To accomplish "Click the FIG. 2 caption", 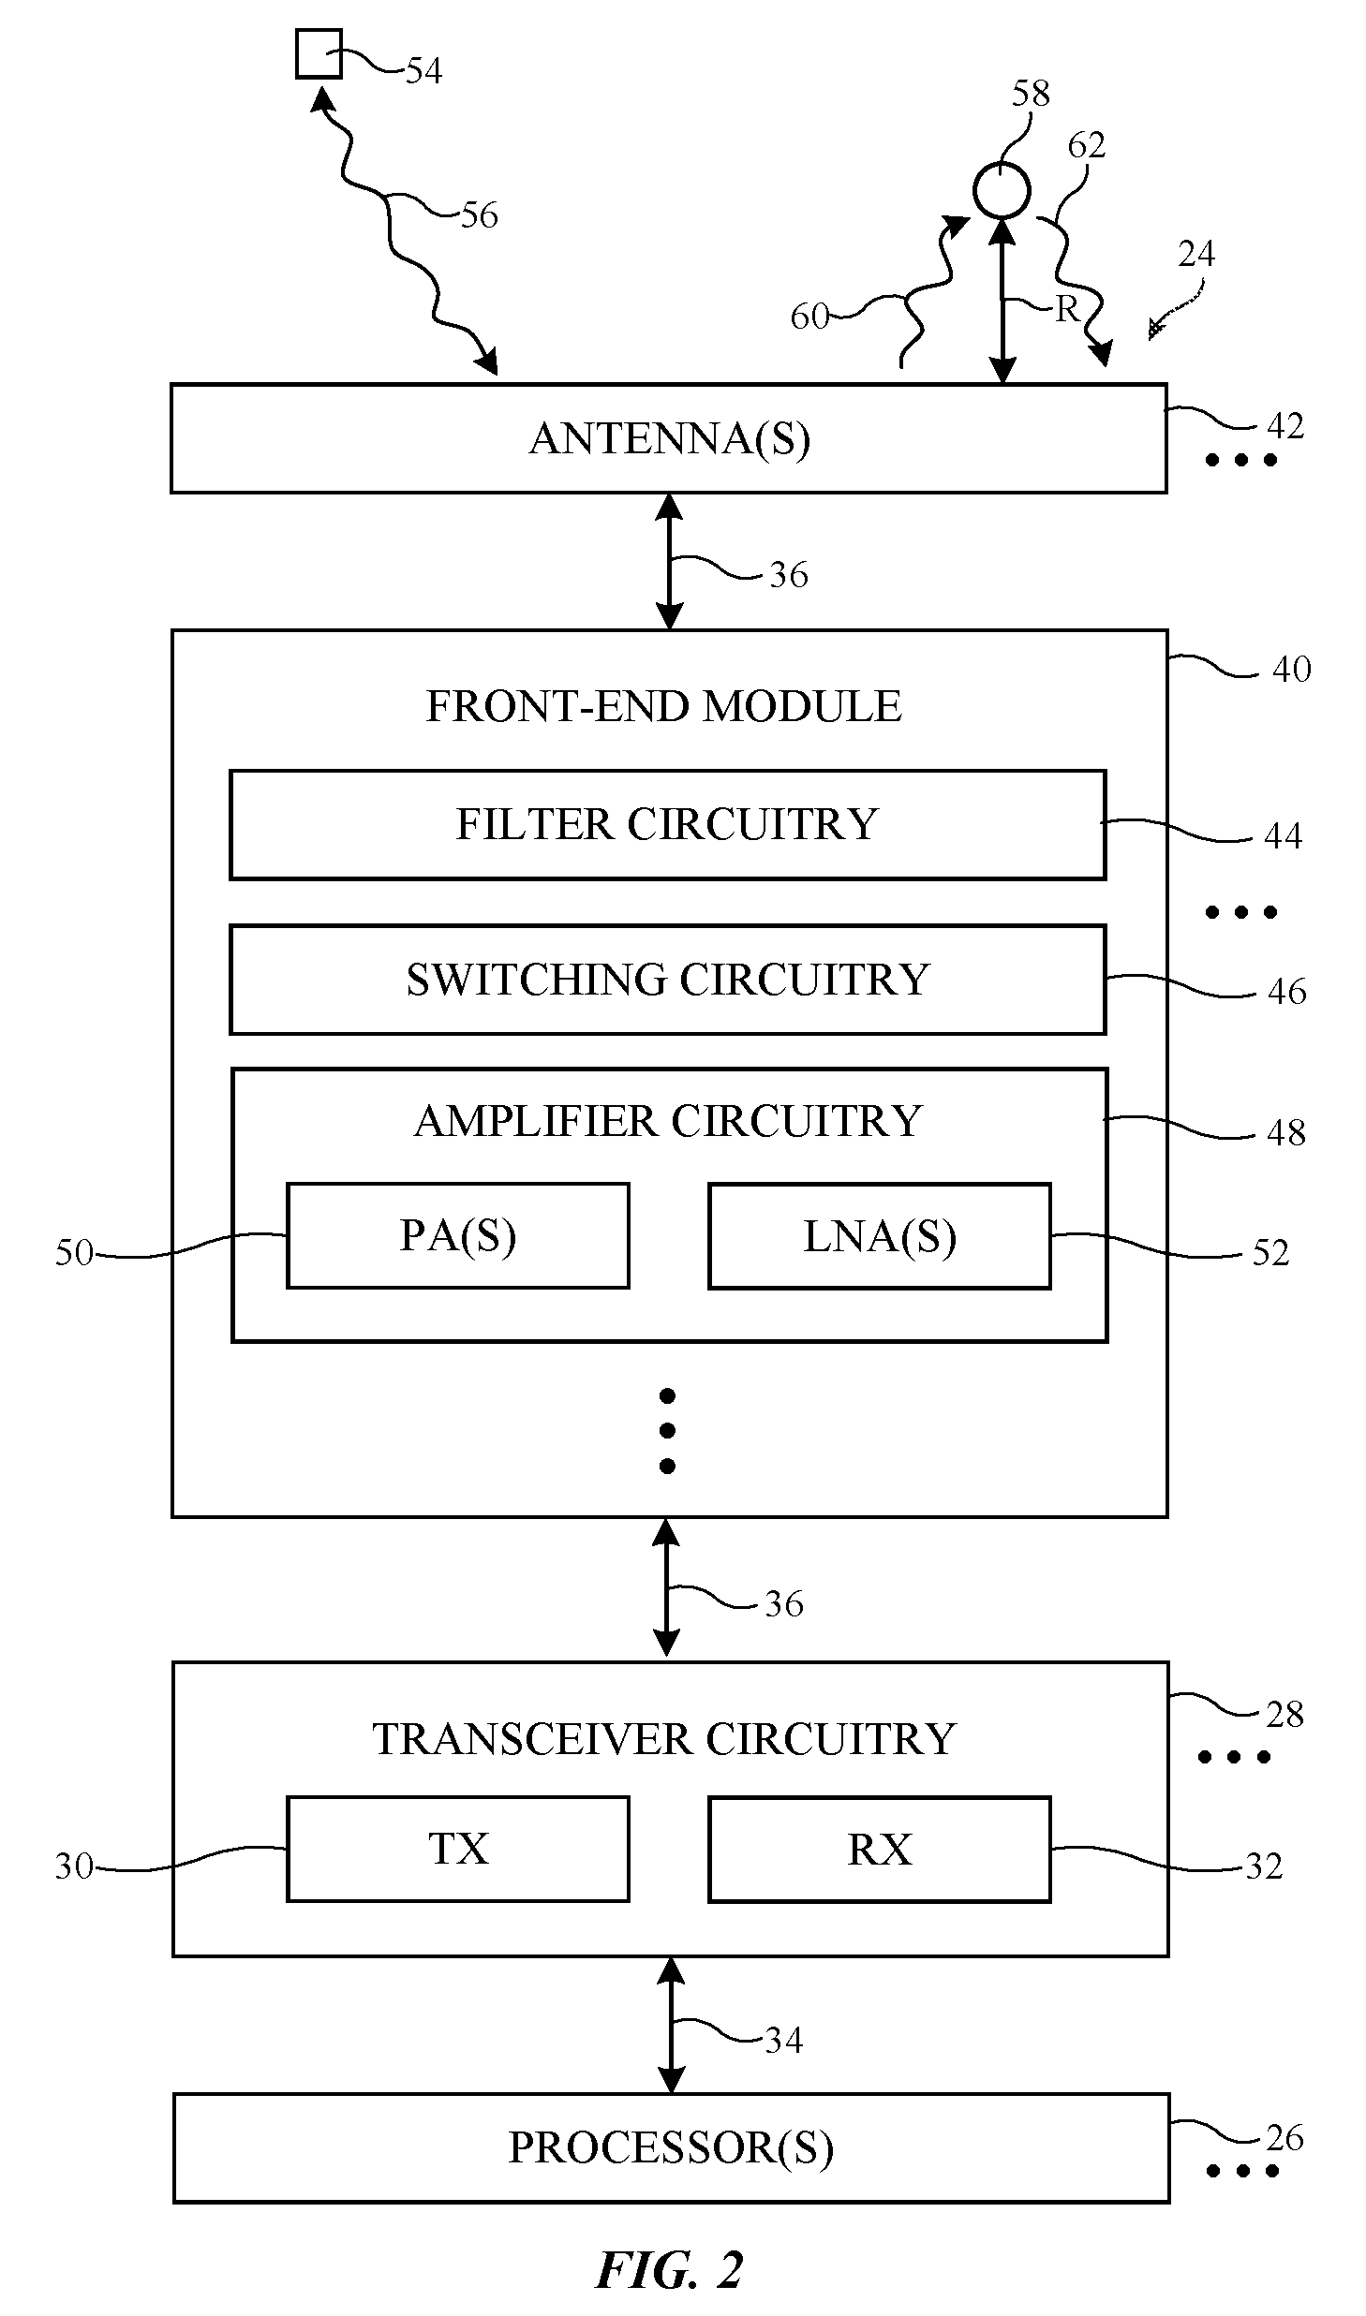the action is tap(669, 2269).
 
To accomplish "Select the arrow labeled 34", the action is tap(670, 2025).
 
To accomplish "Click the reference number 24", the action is tap(1196, 254).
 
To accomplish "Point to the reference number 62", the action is tap(1087, 145).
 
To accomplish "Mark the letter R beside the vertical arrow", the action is tap(1067, 309).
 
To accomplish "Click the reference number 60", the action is tap(809, 317).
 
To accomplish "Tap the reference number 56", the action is tap(479, 215).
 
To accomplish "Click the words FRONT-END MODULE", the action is tap(663, 706).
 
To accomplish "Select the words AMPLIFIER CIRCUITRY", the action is tap(668, 1121).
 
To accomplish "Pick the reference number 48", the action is tap(1285, 1133).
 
